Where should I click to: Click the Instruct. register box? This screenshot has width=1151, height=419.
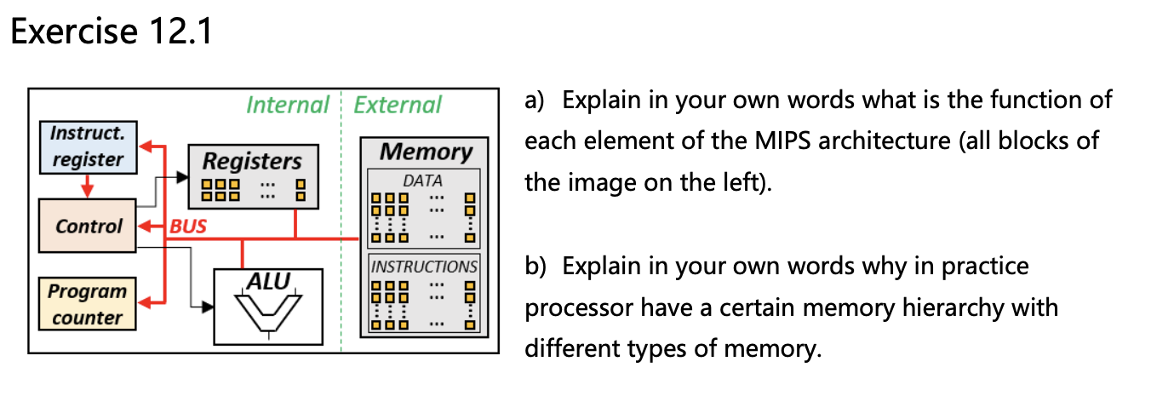point(87,146)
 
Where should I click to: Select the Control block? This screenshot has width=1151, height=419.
point(87,227)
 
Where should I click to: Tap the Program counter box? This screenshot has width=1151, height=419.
point(87,304)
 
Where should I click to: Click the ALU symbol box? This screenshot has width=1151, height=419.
point(268,307)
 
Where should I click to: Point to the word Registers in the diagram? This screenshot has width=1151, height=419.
point(252,161)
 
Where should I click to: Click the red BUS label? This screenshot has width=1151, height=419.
point(188,227)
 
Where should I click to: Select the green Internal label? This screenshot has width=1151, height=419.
point(287,105)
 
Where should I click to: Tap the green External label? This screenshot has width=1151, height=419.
point(397,105)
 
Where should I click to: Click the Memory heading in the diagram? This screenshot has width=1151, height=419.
point(425,152)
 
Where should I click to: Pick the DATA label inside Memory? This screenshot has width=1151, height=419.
point(423,181)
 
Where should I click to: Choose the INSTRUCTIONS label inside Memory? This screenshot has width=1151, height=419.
point(424,266)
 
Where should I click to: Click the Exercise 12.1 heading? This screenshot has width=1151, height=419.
point(111,32)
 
